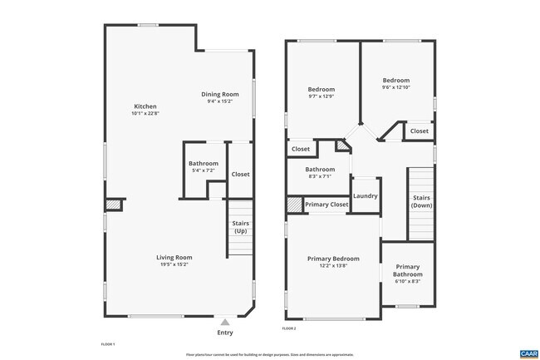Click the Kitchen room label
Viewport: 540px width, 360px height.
click(x=145, y=106)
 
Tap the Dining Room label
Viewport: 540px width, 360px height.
click(x=220, y=94)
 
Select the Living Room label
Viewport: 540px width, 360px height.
click(x=174, y=257)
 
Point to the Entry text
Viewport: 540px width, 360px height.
click(x=225, y=333)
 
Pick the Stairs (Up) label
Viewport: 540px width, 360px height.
click(x=241, y=227)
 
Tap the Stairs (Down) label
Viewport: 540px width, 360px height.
click(x=421, y=201)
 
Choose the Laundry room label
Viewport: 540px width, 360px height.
click(x=366, y=196)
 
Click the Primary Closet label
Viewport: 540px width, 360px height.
click(x=326, y=205)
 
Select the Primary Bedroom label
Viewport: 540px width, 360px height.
click(x=333, y=258)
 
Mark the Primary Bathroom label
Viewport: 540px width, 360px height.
click(x=407, y=270)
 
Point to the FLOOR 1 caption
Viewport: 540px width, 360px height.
click(x=107, y=343)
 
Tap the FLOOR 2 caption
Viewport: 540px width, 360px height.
click(x=289, y=329)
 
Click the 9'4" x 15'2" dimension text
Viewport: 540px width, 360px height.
click(x=220, y=101)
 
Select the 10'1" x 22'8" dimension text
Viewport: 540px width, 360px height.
click(x=145, y=114)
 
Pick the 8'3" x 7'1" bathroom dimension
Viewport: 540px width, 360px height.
click(x=319, y=176)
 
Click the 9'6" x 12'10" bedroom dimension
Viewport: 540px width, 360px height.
click(x=396, y=87)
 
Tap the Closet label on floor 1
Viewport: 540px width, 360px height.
click(x=240, y=175)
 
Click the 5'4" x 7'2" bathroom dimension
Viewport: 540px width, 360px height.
click(x=204, y=171)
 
